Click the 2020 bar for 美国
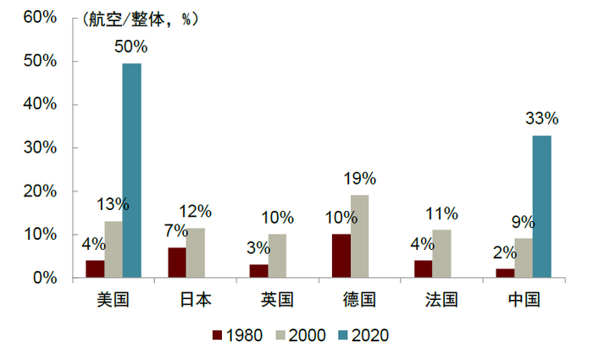point(131,170)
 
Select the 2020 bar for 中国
point(541,207)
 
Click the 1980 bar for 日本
point(177,263)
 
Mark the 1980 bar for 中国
point(505,273)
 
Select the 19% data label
point(359,179)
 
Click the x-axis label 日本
point(196,300)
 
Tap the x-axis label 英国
point(277,300)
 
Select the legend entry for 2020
point(361,335)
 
